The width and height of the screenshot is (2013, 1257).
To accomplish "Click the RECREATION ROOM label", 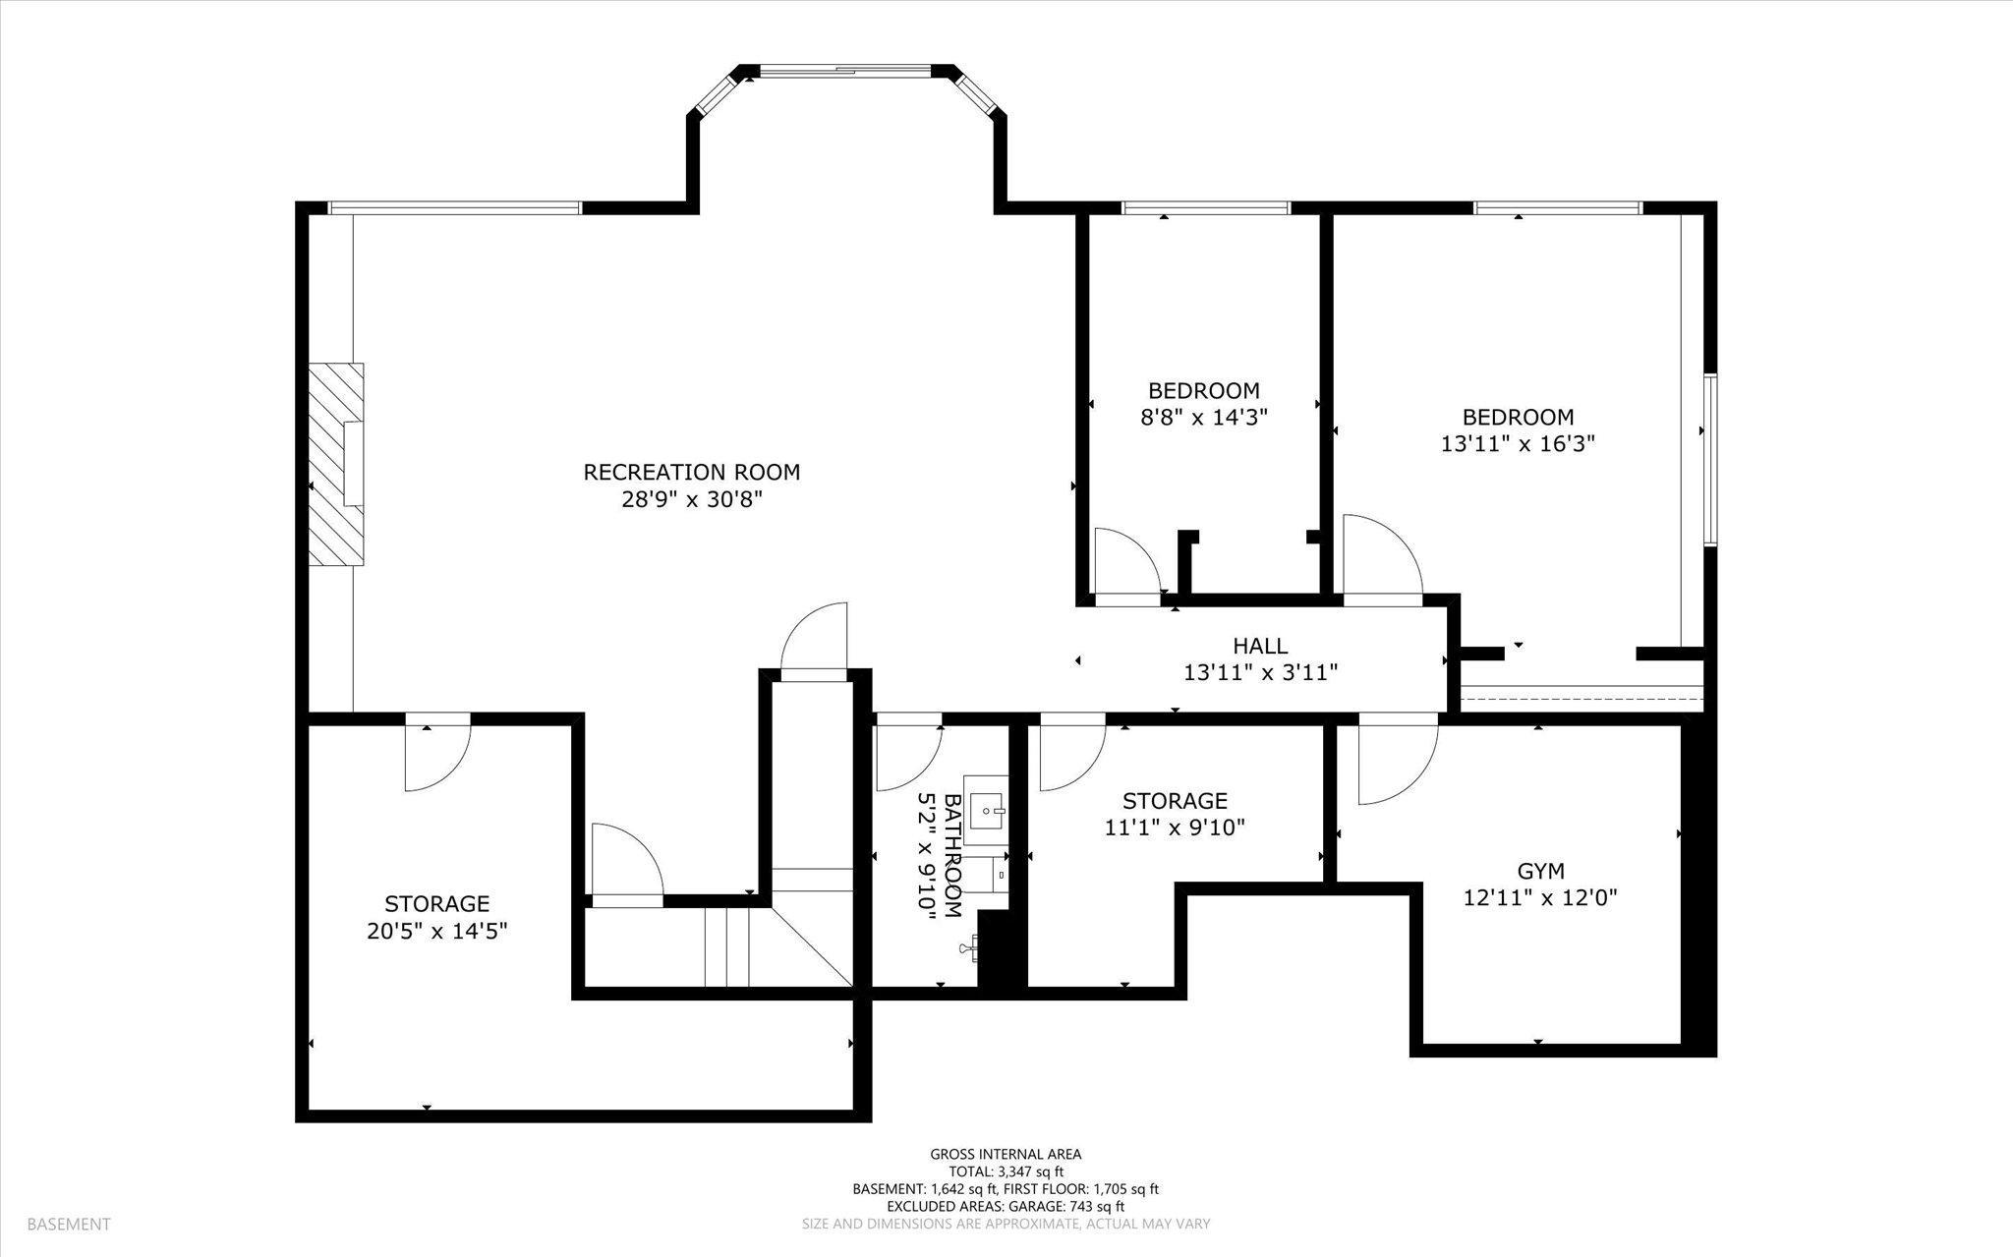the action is point(692,472).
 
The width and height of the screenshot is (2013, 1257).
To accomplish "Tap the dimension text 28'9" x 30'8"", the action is point(692,499).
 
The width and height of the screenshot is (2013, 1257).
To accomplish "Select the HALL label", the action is point(1260,646).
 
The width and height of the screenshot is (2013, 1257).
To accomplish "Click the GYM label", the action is point(1540,870).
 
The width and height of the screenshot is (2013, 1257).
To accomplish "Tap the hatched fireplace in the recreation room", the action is point(337,464).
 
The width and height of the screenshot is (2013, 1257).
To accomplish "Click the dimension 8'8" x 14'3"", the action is point(1204,416).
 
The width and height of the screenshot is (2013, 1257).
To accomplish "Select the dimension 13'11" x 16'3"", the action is point(1518,443).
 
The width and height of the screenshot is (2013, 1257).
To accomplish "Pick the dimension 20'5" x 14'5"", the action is point(437,930).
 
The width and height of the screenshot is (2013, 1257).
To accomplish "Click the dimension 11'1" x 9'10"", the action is point(1176,828).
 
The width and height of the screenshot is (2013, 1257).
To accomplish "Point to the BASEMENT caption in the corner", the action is point(69,1225).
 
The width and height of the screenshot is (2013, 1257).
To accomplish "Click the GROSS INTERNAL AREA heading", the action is point(1006,1154).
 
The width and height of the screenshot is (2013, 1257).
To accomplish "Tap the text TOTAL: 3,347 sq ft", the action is point(1006,1171).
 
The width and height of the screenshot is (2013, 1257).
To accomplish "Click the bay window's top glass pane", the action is point(845,70).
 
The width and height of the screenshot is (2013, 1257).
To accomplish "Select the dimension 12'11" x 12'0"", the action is point(1540,897).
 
